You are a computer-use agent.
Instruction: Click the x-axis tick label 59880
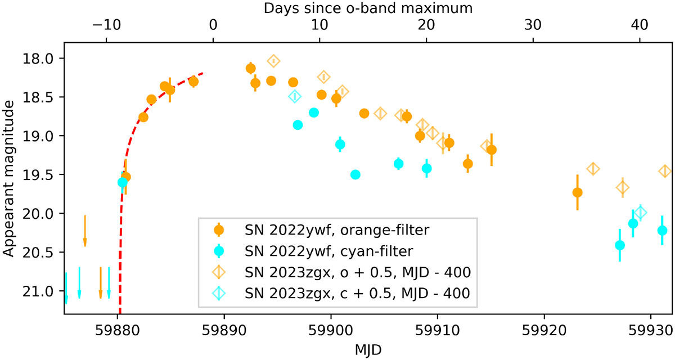point(117,331)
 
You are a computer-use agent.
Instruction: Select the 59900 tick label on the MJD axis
point(331,331)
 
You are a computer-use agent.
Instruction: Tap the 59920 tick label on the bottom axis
point(544,331)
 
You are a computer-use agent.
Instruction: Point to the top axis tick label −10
point(106,25)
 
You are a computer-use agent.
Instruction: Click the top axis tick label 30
point(533,25)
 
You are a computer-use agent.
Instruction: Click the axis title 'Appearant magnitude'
point(8,179)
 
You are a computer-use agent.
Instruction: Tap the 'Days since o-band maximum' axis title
point(368,8)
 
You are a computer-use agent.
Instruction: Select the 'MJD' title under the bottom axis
point(368,350)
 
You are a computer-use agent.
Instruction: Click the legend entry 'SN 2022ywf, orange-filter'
point(336,230)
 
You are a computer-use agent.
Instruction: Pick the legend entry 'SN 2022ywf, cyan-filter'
point(328,251)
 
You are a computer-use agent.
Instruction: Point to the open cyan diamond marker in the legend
point(218,293)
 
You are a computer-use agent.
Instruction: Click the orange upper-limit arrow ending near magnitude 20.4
point(85,231)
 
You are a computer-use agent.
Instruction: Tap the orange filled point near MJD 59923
point(577,192)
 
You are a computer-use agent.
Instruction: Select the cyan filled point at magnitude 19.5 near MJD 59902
point(355,174)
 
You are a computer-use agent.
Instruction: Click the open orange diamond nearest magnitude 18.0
point(273,61)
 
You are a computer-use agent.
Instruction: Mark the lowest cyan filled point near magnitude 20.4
point(619,245)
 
